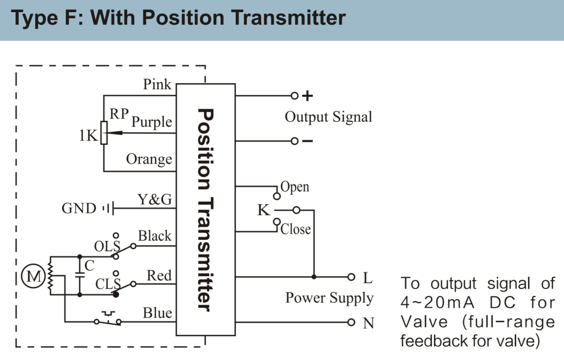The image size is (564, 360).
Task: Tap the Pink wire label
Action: [x=157, y=85]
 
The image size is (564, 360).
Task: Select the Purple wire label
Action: [x=151, y=122]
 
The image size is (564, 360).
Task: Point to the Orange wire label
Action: [x=149, y=159]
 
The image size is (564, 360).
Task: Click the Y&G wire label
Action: [x=154, y=199]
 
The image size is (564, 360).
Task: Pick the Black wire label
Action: [x=155, y=236]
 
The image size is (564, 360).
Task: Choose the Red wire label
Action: [x=159, y=275]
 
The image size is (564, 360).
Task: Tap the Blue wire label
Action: [x=158, y=313]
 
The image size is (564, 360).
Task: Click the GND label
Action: [x=79, y=209]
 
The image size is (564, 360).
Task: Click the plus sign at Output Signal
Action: [x=308, y=96]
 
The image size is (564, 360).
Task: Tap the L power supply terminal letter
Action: [x=367, y=278]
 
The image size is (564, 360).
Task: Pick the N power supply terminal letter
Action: [x=368, y=323]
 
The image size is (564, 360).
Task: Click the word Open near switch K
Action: [x=295, y=187]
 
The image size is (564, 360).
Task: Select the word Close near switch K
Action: [x=296, y=229]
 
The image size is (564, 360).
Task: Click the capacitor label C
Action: [x=89, y=266]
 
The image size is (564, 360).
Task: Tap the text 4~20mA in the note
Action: [x=435, y=302]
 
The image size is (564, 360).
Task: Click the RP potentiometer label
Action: [x=119, y=114]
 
